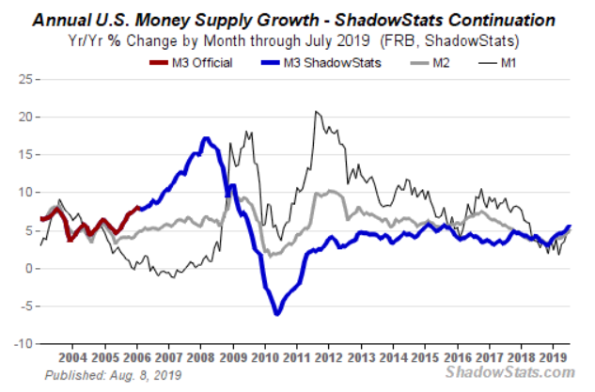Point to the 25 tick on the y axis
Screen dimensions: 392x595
click(x=25, y=78)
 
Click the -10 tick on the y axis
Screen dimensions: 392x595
click(x=23, y=344)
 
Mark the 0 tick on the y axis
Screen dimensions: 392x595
click(x=29, y=268)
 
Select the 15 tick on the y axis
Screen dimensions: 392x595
click(x=25, y=154)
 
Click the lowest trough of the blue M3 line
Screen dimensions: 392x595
click(x=276, y=313)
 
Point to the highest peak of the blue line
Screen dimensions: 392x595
click(x=204, y=139)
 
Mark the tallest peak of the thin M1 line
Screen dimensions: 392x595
click(x=316, y=112)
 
